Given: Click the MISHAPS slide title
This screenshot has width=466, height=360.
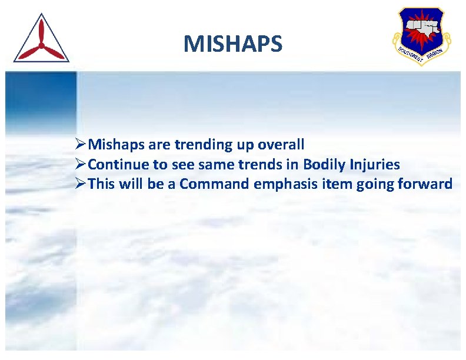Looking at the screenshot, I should click(x=232, y=44).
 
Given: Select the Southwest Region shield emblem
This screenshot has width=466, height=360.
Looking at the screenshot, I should click(x=421, y=35).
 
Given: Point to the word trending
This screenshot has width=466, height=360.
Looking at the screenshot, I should click(x=204, y=145).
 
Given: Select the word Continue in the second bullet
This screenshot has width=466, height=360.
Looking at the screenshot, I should click(x=119, y=165).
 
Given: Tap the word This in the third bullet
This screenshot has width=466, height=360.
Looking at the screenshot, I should click(x=102, y=185).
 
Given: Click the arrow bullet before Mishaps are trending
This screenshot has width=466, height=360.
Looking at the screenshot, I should click(x=81, y=145).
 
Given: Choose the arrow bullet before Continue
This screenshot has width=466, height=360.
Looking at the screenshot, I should click(x=81, y=165).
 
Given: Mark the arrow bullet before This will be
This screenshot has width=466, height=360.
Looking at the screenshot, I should click(x=81, y=185).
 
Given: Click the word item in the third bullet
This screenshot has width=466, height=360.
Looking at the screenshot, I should click(x=335, y=185).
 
